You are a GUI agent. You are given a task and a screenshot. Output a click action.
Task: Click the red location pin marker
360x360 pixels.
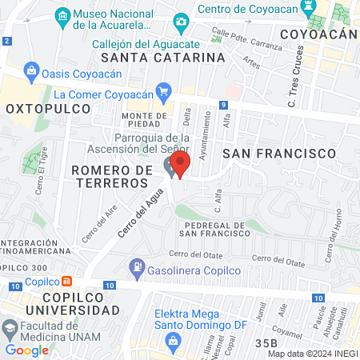pos(179,163)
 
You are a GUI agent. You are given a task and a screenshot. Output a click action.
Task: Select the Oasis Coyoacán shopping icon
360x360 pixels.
pos(31,70)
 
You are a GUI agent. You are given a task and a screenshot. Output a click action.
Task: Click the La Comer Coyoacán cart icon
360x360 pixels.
pos(164,91)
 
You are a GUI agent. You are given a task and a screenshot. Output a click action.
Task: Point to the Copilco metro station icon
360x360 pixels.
pos(67,281)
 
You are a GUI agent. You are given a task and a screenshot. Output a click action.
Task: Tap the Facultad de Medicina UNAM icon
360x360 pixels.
pos(9,329)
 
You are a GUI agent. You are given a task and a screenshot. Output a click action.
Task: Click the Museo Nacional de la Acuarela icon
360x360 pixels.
pos(61,15)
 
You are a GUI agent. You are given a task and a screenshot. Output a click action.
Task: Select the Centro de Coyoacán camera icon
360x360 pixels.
pos(182,21)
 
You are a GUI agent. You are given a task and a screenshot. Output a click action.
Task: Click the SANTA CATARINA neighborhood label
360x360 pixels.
pos(162,58)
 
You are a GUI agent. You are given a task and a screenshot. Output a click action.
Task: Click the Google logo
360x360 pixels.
pos(26,350)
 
